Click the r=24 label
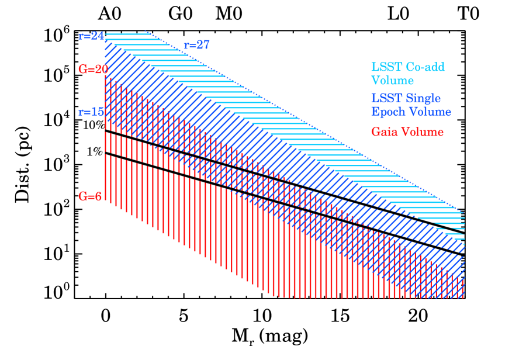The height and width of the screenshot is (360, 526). tap(91, 36)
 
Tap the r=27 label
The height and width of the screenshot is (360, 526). tap(196, 46)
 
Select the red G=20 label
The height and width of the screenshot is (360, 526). tap(93, 69)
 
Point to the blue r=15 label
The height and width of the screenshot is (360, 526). tap(91, 112)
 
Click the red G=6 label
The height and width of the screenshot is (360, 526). tap(90, 197)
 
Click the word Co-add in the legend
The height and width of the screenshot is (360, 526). tap(425, 67)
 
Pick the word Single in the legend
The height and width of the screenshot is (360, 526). tap(423, 98)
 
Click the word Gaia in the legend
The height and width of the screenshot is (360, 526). tap(385, 132)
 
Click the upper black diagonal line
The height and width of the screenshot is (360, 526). tap(281, 176)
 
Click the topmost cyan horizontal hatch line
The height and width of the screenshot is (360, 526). tap(126, 34)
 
